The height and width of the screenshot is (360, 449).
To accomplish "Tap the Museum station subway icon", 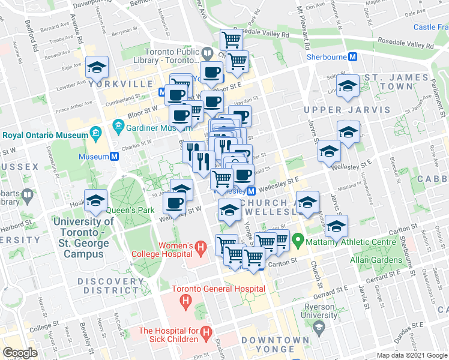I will tap(113, 156).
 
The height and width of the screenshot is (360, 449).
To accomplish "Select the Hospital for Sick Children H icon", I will tap(206, 331).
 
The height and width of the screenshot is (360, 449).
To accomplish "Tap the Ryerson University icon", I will tap(318, 327).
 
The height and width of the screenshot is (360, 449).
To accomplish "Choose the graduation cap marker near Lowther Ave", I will tap(96, 69).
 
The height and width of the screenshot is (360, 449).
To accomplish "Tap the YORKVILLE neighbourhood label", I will tap(116, 84).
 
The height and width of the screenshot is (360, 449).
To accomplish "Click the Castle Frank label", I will tap(431, 27).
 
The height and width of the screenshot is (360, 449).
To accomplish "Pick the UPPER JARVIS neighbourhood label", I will tap(339, 110).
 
